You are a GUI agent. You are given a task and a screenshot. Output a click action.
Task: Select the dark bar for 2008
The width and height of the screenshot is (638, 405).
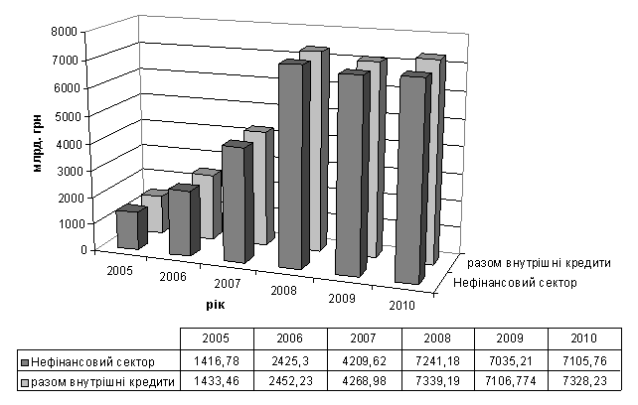coord(289,166)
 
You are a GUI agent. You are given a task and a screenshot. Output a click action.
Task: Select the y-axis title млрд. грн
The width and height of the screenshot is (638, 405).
coord(38,138)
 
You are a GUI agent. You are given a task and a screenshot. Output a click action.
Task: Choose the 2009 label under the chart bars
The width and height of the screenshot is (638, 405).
coord(341,300)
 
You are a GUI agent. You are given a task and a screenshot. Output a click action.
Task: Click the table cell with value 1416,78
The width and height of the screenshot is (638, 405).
coord(218,361)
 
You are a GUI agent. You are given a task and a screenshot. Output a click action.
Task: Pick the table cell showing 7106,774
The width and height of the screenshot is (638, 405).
coord(510,382)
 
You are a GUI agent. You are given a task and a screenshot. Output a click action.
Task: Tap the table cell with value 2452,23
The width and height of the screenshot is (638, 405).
coord(290,382)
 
